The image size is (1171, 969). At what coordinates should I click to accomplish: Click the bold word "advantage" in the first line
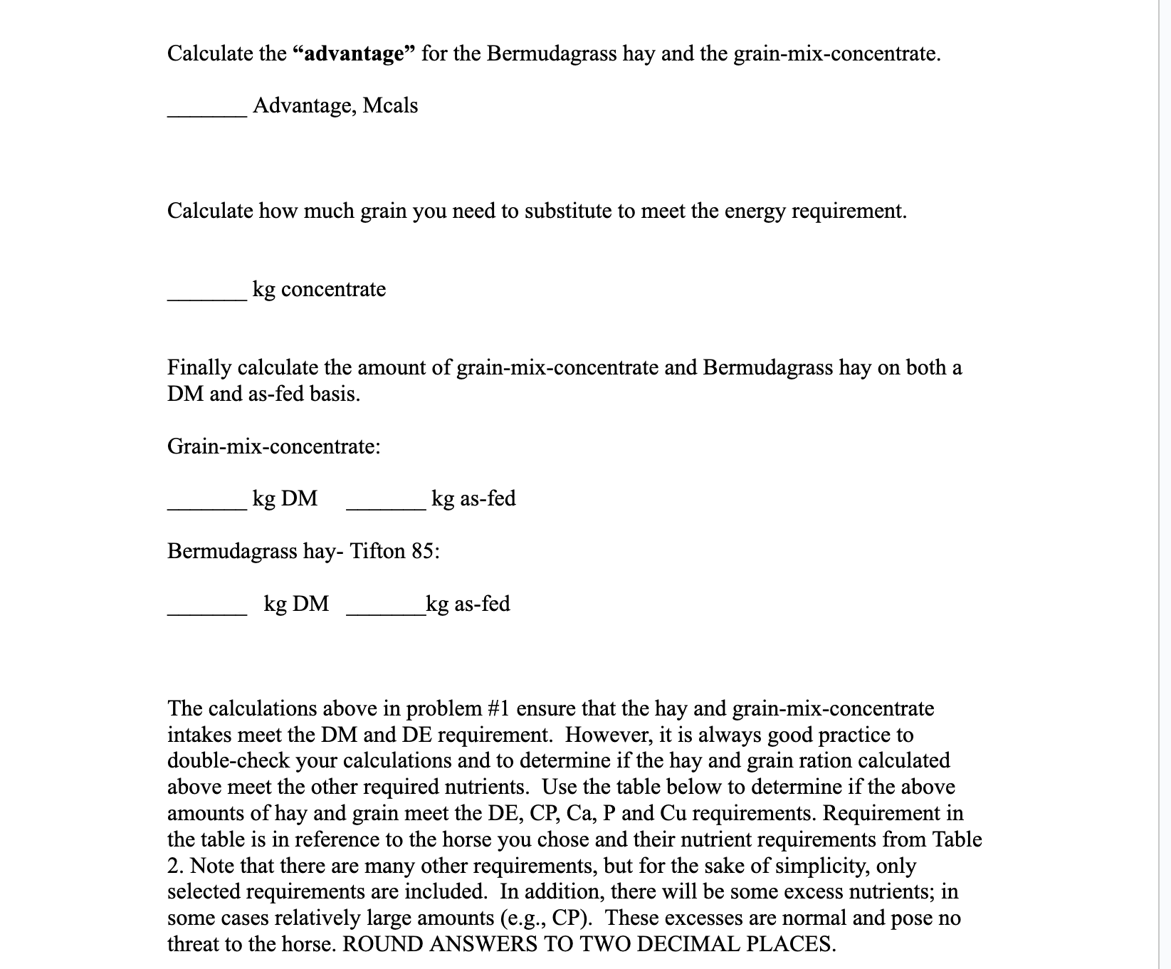[x=355, y=53]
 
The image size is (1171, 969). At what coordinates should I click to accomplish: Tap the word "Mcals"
[x=390, y=106]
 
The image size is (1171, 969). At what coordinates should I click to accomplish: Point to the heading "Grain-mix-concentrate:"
[x=274, y=446]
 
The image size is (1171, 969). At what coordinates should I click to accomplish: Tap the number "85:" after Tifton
[x=426, y=551]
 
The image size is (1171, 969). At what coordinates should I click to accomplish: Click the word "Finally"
[x=199, y=367]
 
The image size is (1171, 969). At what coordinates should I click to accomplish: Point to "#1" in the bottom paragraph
[x=498, y=708]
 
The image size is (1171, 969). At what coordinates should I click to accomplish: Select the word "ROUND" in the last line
[x=378, y=944]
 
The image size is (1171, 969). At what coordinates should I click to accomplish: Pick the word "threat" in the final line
[x=197, y=944]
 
